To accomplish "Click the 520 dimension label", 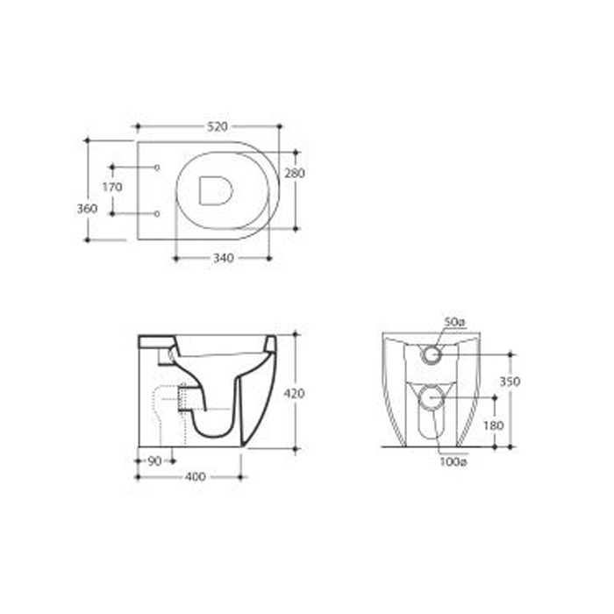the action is tap(218, 126).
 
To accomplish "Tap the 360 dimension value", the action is tap(87, 209).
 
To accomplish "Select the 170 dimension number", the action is tap(112, 187).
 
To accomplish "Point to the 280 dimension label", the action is tap(295, 173).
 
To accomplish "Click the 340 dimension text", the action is tap(224, 258).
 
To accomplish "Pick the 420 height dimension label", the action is tap(294, 393).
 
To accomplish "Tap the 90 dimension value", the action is tap(154, 461).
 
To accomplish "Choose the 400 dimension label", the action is tap(195, 477).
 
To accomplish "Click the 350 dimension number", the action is tap(510, 382).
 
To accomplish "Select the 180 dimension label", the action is tap(493, 425).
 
